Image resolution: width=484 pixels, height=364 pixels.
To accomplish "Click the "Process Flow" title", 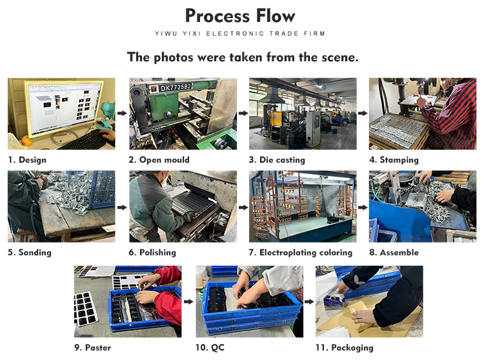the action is pos(240,16).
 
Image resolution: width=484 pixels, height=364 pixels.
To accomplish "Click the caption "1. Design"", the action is pos(27,160).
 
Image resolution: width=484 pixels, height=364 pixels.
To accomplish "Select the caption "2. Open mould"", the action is pos(159,160).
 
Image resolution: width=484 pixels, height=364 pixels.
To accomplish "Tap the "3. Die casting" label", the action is pos(277,160).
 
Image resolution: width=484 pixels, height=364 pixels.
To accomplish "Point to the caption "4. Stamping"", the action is pos(394,160).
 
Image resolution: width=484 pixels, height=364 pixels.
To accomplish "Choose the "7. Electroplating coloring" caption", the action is pos(300,252).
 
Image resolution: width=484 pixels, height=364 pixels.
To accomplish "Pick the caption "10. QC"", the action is pos(210,348).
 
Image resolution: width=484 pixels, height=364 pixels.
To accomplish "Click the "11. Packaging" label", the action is pos(344,348).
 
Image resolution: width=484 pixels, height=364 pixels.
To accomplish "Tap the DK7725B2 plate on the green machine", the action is pos(175,88).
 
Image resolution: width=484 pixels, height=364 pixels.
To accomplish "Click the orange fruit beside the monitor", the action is pos(27,141).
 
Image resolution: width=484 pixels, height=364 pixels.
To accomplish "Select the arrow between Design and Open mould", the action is pos(122,114).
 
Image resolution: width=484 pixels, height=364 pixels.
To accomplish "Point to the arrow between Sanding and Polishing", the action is pos(122,207).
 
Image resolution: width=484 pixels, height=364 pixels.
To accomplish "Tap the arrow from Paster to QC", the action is pos(188,301).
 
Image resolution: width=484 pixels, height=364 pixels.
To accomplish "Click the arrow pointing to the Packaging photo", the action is pos(309,301).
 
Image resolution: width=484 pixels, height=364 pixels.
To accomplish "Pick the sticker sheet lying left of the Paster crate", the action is pos(85,309).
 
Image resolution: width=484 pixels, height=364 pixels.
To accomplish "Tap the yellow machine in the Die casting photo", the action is pos(276,118).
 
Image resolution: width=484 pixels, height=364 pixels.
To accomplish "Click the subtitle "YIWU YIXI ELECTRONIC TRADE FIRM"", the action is pos(240,34).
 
